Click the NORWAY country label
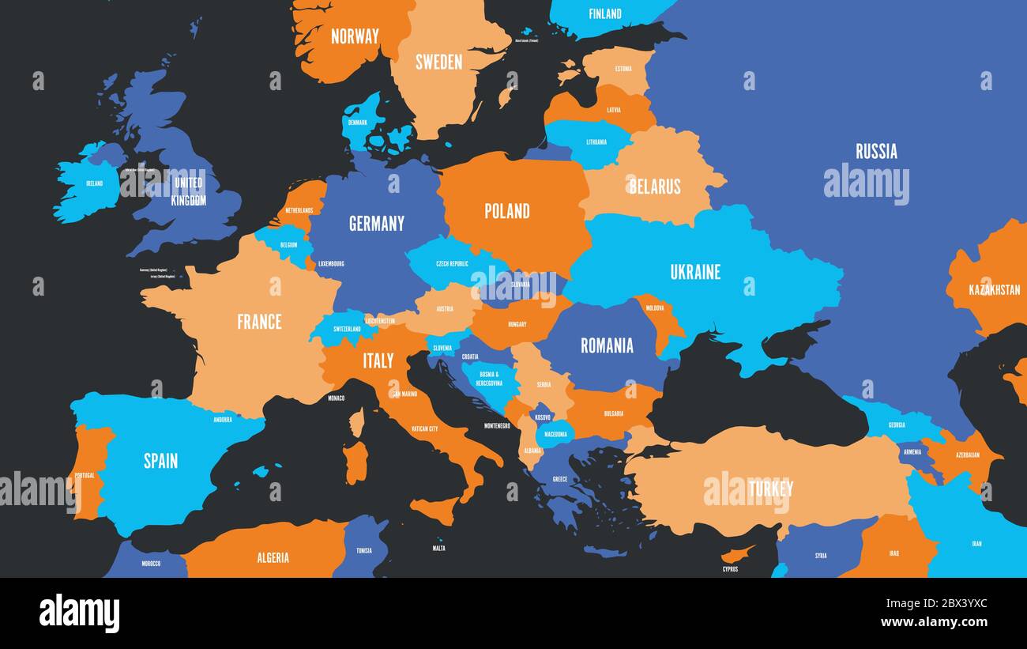tap(355, 36)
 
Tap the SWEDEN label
tap(438, 62)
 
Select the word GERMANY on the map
tap(377, 224)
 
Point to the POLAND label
tap(507, 211)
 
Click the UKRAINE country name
tap(695, 272)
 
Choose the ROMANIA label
tap(607, 345)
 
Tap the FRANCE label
tap(259, 322)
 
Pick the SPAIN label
tap(160, 461)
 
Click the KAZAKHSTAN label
tap(994, 290)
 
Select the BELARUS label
tap(654, 187)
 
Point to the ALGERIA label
tap(273, 558)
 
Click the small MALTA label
tap(438, 548)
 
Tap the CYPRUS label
tap(730, 568)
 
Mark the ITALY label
tap(378, 361)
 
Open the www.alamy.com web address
tap(935, 623)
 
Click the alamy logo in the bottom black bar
tap(80, 613)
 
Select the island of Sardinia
tap(355, 462)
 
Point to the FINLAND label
tap(605, 13)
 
